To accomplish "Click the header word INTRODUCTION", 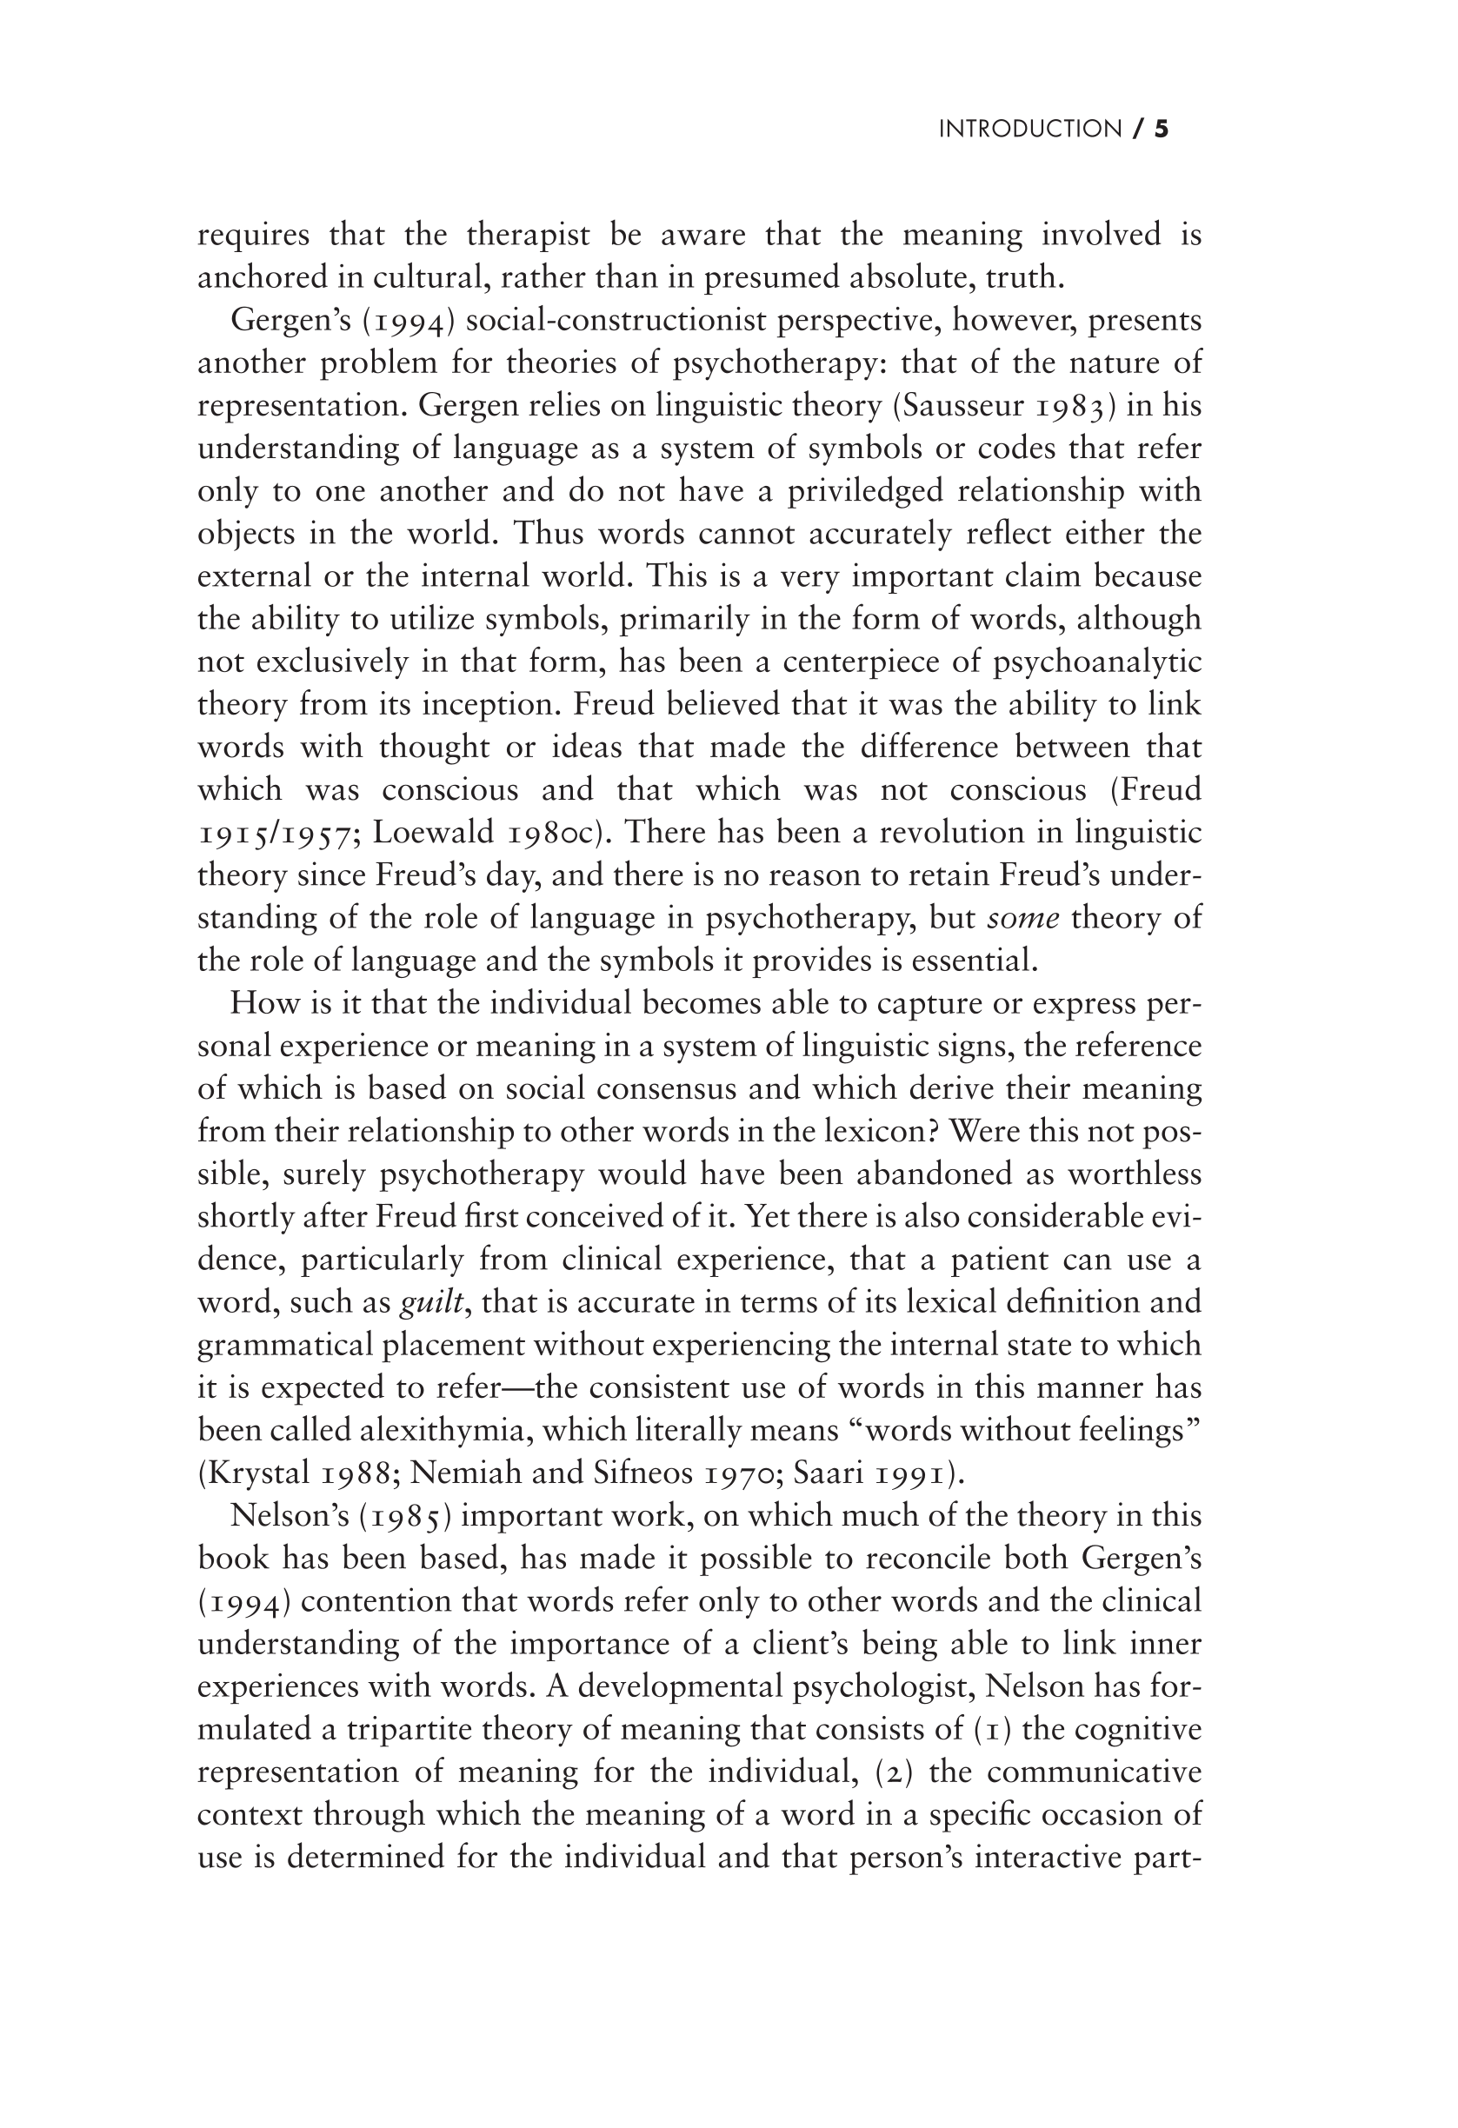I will pyautogui.click(x=1029, y=130).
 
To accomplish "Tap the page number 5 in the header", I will pyautogui.click(x=1162, y=130).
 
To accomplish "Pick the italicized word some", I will pyautogui.click(x=1023, y=917).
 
